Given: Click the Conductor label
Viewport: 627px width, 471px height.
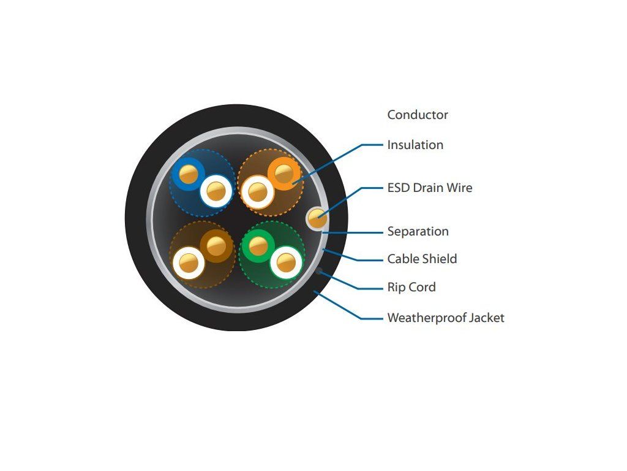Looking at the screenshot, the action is pyautogui.click(x=418, y=115).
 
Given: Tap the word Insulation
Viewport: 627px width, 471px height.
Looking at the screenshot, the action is pyautogui.click(x=415, y=145).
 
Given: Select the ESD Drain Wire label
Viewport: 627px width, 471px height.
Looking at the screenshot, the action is pyautogui.click(x=430, y=188).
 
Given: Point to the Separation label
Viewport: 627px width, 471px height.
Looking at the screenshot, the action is pyautogui.click(x=418, y=231).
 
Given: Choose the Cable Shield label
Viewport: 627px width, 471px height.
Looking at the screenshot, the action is pyautogui.click(x=422, y=259).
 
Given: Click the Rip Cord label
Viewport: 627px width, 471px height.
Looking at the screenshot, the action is pyautogui.click(x=411, y=287).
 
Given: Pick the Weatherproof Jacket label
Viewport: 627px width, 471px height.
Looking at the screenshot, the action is pyautogui.click(x=446, y=318).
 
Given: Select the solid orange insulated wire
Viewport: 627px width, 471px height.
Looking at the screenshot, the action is pyautogui.click(x=283, y=174).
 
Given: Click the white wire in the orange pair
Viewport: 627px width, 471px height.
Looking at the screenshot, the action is pyautogui.click(x=258, y=193).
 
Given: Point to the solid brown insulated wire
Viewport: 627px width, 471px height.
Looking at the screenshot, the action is pyautogui.click(x=216, y=246).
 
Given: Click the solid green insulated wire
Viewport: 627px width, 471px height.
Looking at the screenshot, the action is pyautogui.click(x=258, y=246).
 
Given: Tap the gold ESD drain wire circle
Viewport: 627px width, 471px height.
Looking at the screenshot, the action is pyautogui.click(x=317, y=218).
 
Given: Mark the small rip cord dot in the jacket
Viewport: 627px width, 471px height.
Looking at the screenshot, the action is pyautogui.click(x=319, y=270).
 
